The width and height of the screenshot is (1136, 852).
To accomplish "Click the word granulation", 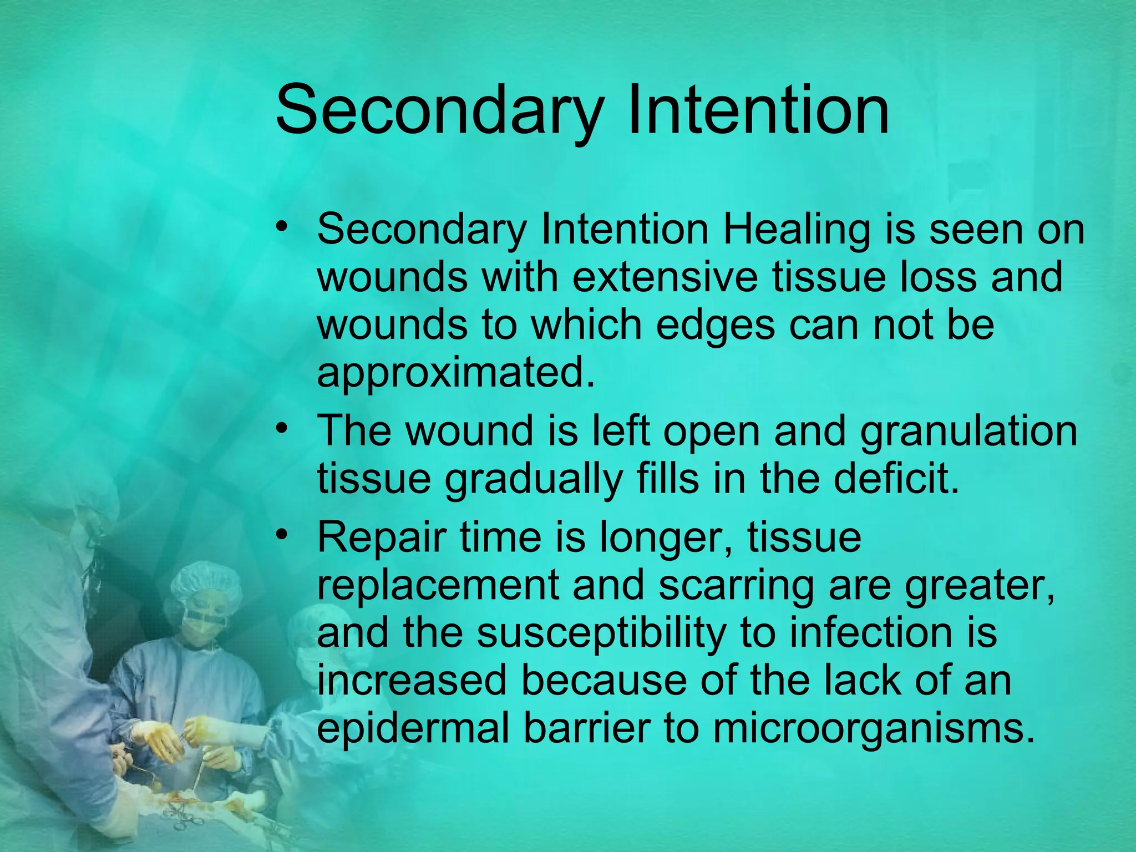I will (968, 431).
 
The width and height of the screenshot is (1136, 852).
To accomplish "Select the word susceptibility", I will (601, 632).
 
